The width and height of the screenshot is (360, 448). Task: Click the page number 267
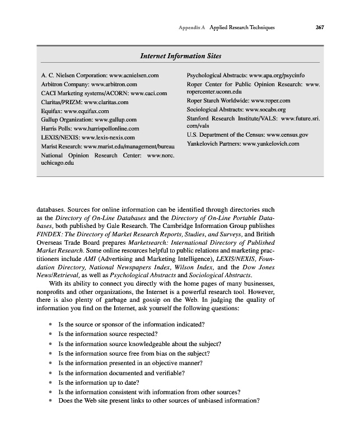coord(320,27)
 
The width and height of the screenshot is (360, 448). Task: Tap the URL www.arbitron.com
coord(114,84)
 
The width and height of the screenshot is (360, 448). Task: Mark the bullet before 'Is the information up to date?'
coord(51,382)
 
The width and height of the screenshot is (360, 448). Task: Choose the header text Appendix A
coord(192,27)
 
